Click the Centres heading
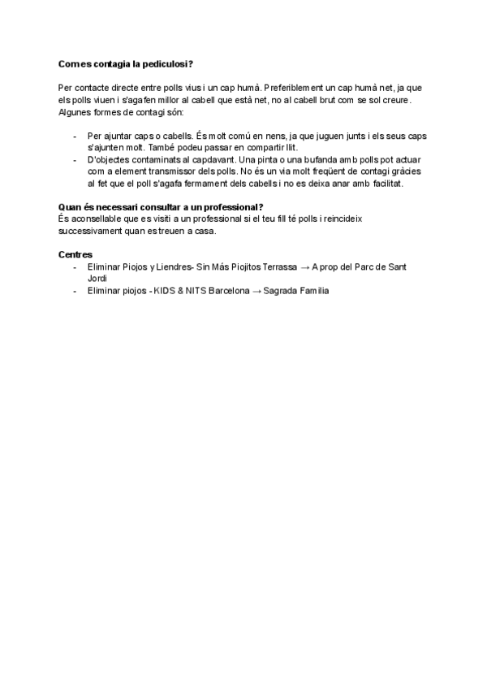75,255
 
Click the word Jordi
97,279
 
